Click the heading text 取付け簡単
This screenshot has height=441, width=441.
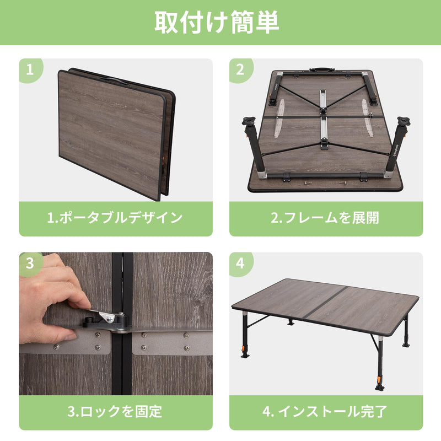tap(220, 22)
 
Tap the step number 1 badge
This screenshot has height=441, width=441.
tap(30, 70)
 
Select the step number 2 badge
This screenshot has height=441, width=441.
tap(240, 70)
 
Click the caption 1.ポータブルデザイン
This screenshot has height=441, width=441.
tap(115, 218)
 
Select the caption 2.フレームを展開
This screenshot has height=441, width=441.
tap(325, 218)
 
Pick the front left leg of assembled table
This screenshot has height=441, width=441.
tap(244, 336)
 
